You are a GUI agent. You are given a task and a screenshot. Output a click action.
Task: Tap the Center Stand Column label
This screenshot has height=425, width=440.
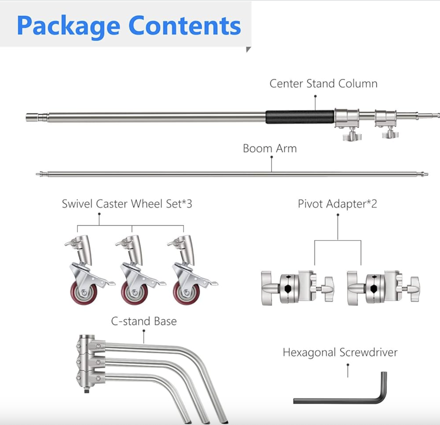(x=323, y=83)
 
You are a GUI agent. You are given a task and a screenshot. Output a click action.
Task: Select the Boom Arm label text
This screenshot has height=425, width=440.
(x=269, y=149)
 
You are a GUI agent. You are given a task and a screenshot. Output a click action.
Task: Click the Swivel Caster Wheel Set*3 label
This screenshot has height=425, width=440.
(x=127, y=204)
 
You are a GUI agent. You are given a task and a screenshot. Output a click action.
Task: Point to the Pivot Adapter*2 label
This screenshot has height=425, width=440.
(x=337, y=204)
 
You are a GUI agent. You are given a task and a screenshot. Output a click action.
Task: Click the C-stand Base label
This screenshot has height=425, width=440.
(x=144, y=321)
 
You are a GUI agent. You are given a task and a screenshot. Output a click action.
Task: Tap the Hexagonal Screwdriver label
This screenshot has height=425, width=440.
(x=340, y=353)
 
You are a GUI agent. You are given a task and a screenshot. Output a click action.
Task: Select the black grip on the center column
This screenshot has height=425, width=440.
(x=299, y=117)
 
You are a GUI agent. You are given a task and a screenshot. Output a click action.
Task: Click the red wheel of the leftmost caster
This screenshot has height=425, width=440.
(x=84, y=293)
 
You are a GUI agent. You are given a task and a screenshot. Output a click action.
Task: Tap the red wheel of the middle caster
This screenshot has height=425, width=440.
(x=134, y=293)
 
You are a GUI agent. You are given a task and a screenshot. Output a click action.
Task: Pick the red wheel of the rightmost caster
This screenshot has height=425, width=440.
(x=186, y=293)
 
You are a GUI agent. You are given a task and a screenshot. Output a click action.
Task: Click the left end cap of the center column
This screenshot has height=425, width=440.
(x=32, y=117)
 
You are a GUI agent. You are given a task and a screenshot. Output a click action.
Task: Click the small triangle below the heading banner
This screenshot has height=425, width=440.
(x=248, y=50)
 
